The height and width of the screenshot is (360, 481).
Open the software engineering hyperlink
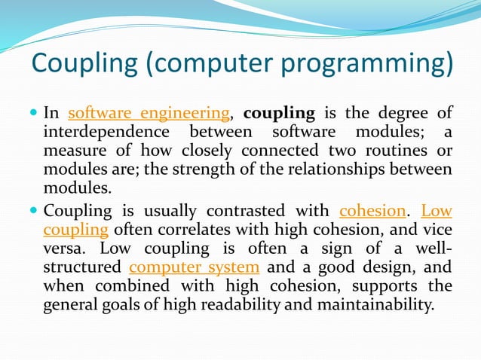pos(149,114)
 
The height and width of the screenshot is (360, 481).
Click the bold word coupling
pos(279,114)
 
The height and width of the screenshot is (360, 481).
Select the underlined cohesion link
pos(372,211)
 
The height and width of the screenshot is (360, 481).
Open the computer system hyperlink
pos(195,267)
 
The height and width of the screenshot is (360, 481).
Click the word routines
pos(400,151)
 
